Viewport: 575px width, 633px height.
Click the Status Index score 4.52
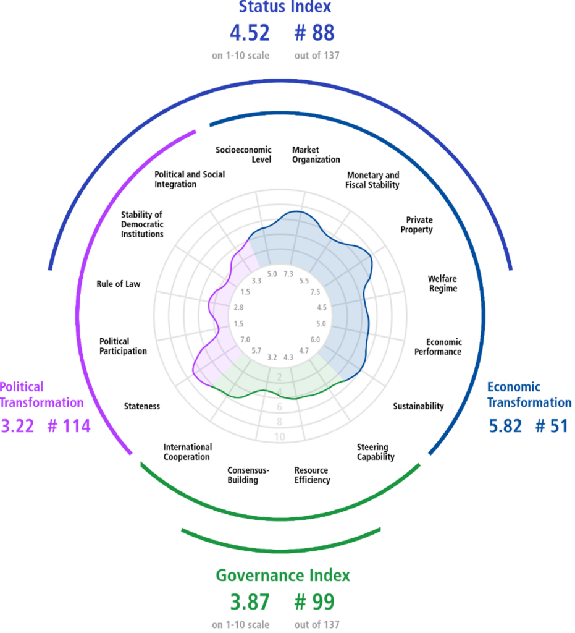pos(250,33)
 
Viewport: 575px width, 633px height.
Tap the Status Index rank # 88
pos(314,33)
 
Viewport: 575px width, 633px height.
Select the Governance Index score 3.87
pos(250,602)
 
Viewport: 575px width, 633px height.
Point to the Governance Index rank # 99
pos(314,602)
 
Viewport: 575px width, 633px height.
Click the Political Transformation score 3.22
pos(17,427)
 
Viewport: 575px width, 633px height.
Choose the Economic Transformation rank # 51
pos(552,427)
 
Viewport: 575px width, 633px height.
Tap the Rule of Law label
pos(119,284)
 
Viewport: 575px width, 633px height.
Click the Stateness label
pos(142,406)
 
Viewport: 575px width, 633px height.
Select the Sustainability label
pos(419,406)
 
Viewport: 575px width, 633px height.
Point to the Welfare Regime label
pos(443,283)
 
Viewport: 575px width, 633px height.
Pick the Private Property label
pos(417,225)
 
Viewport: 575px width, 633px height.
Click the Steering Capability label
pos(376,452)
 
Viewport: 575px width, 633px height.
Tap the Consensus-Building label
pos(248,475)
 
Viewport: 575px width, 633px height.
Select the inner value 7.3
pos(288,274)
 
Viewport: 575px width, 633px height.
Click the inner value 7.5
pos(316,292)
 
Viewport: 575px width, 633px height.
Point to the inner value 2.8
pos(239,307)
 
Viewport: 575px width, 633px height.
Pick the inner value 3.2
pos(272,357)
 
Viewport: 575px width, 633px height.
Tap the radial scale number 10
pos(279,437)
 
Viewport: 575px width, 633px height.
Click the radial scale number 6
pos(279,407)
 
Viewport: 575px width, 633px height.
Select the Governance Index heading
pos(283,576)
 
